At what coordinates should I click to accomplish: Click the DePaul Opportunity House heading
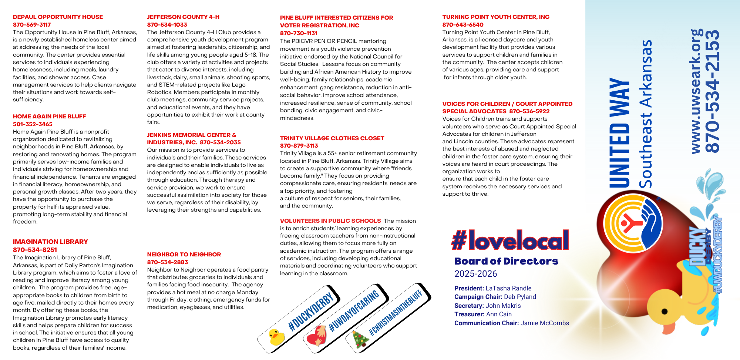click(58, 17)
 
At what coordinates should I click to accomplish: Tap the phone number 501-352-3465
click(33, 124)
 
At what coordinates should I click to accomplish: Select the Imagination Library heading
click(50, 242)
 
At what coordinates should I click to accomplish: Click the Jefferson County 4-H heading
click(183, 17)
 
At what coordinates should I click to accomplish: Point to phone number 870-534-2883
click(167, 262)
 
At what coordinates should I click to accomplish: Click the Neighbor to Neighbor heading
click(184, 255)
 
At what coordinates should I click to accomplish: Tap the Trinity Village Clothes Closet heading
click(332, 138)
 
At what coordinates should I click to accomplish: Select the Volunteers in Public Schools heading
click(330, 221)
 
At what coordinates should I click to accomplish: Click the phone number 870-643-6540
click(462, 25)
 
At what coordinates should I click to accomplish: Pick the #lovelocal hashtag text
click(510, 240)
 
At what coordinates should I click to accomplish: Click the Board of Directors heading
click(506, 261)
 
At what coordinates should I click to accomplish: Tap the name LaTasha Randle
click(508, 288)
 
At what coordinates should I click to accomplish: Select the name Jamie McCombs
click(545, 323)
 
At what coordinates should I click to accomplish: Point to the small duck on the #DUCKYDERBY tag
click(276, 337)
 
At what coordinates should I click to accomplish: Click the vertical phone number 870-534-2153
click(713, 91)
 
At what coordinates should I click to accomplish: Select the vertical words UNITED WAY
click(619, 132)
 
